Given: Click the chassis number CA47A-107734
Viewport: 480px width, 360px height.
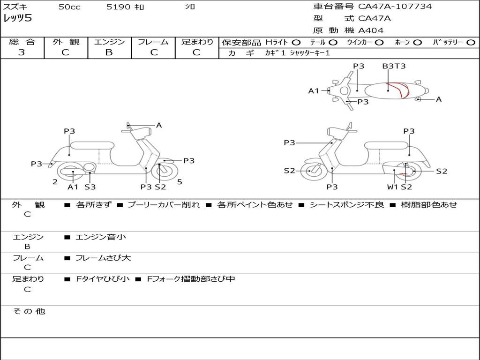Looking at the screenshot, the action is click(395, 7).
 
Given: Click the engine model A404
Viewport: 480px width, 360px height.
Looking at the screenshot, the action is click(371, 30).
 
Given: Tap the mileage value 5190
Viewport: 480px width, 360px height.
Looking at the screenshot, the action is click(119, 7).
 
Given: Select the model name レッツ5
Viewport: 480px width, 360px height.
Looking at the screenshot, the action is click(18, 18).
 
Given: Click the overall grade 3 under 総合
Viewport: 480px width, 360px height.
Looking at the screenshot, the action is click(22, 52).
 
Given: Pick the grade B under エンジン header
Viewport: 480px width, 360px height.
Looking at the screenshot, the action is click(109, 52).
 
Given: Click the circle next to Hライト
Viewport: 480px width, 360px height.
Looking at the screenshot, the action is click(296, 43).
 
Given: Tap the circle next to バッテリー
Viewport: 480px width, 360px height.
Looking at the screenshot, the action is click(471, 43).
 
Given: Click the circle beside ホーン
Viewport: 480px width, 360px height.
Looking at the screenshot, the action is click(417, 43).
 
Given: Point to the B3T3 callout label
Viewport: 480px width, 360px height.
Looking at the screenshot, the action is click(394, 66).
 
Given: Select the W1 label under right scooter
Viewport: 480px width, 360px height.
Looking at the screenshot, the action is click(392, 187).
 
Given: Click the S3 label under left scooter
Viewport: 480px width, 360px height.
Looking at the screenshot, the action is click(90, 187).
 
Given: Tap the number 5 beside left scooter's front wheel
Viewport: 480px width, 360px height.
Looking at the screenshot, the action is click(180, 182).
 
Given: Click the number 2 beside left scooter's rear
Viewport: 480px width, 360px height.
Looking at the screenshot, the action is click(55, 182).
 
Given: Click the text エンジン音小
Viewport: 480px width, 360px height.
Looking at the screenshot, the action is click(101, 237).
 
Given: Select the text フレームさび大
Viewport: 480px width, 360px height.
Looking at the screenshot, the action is click(103, 258).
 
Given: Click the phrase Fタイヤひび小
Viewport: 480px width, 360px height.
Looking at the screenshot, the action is click(103, 279).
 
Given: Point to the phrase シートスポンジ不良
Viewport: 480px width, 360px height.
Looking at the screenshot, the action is click(346, 204).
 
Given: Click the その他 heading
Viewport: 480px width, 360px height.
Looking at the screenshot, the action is click(29, 311).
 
